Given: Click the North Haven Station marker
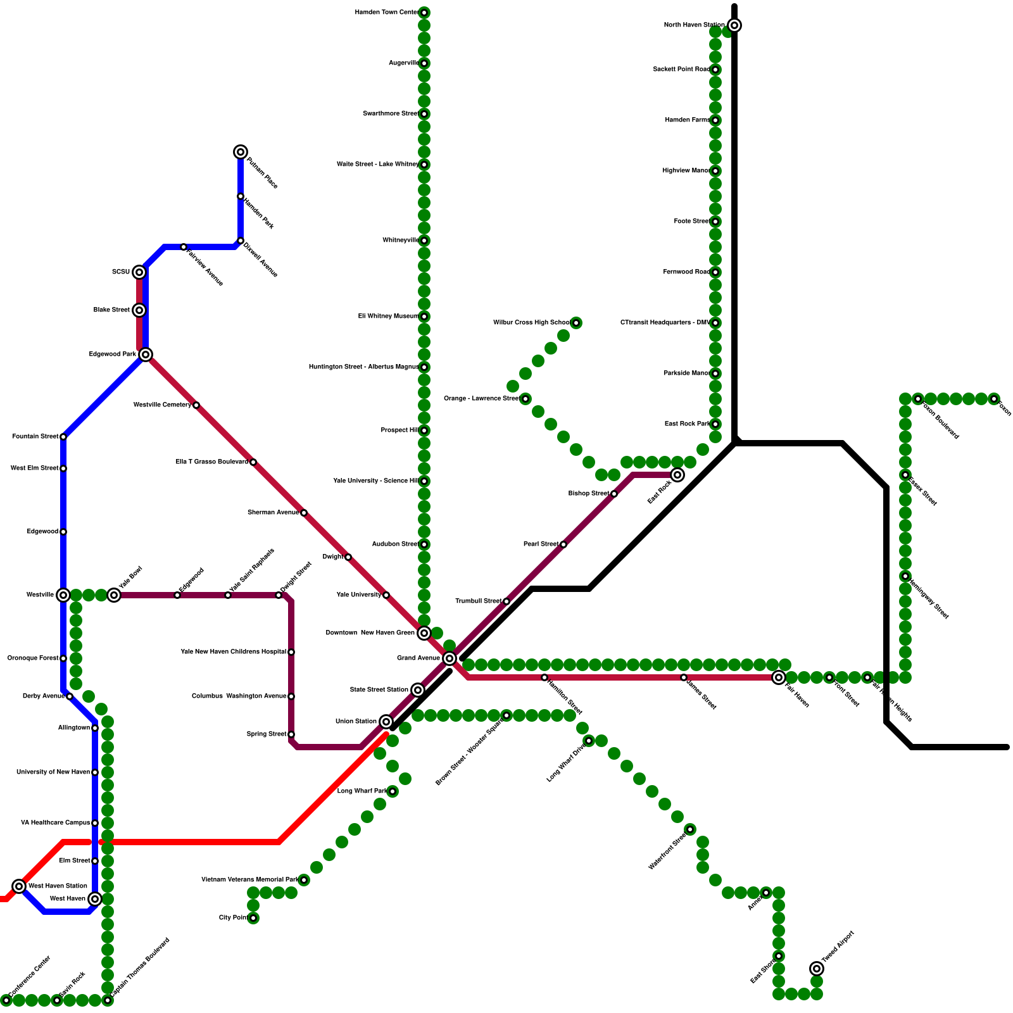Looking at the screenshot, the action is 734,25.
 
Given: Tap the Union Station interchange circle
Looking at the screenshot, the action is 386,722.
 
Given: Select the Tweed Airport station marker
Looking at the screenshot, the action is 817,969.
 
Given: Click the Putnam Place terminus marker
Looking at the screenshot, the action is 241,152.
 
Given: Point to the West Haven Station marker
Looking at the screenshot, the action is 19,886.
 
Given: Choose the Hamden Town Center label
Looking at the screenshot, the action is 386,13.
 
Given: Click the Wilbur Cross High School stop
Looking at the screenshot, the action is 576,323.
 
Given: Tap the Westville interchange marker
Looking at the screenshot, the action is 63,595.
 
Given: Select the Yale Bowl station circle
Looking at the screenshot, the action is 114,595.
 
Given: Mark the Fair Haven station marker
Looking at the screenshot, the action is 779,677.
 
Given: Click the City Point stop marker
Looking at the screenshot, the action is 253,918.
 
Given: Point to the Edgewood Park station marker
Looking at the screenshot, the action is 146,355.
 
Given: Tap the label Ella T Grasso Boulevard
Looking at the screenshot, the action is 212,462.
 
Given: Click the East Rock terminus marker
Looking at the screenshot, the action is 677,475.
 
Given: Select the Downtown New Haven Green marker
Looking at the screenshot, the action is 424,633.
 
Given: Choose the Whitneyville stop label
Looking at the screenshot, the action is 401,241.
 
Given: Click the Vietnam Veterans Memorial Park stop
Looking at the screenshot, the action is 304,880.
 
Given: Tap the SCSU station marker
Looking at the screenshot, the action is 139,272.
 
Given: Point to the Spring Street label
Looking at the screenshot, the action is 267,734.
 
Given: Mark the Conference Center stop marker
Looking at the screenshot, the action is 6,1000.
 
